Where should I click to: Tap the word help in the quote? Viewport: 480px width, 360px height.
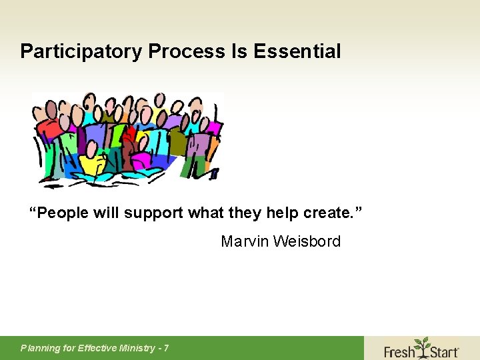284,213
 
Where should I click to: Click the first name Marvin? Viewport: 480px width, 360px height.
244,241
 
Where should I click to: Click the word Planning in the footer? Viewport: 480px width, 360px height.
40,348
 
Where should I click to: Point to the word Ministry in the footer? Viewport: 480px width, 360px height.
136,348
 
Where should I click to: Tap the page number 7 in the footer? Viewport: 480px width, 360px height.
166,348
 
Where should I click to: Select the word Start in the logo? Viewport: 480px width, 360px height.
442,350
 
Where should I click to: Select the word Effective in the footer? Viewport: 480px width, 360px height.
94,348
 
